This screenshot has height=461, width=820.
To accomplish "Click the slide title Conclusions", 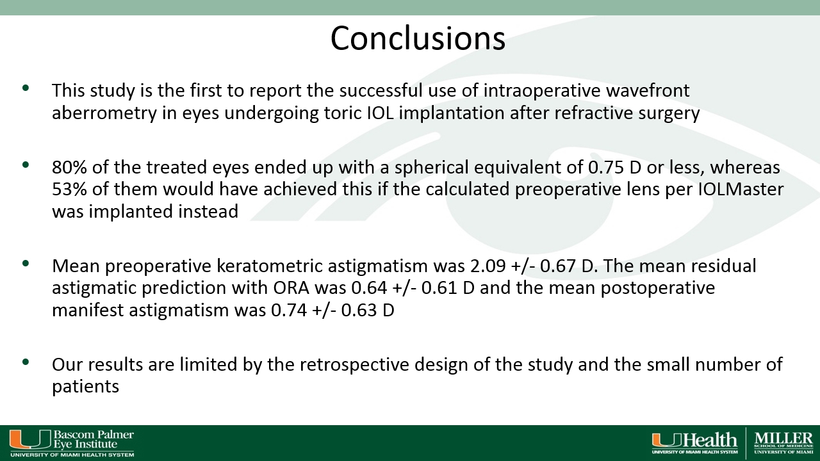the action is pos(418,38).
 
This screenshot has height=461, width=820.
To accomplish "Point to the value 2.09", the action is pos(488,266).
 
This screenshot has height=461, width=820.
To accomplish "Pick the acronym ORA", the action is pos(291,288).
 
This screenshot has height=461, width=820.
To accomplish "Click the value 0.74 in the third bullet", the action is pos(289,311).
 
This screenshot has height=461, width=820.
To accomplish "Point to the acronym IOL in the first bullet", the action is pos(381,113).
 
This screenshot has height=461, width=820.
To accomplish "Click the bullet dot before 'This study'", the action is pos(26,88).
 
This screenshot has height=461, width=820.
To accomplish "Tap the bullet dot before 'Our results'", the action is pos(26,362).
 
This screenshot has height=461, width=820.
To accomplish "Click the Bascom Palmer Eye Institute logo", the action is pos(72,443).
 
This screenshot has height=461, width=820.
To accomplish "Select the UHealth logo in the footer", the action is pos(694,442).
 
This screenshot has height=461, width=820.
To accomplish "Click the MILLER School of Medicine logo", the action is pos(783,442).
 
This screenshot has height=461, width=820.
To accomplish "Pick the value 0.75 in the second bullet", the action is pos(606,167).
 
